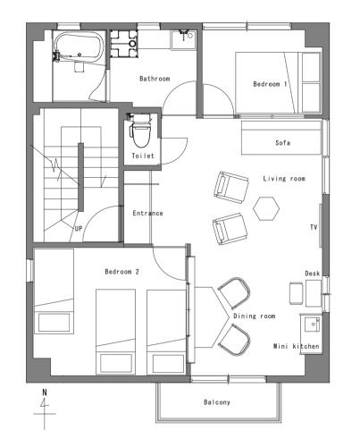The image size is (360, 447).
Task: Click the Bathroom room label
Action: pyautogui.click(x=155, y=79)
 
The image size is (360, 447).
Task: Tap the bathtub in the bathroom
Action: pyautogui.click(x=79, y=47)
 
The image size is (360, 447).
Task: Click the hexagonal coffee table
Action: pyautogui.click(x=266, y=208)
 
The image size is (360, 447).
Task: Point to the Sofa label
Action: pyautogui.click(x=282, y=143)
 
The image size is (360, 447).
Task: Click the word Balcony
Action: pyautogui.click(x=217, y=402)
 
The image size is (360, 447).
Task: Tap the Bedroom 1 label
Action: pyautogui.click(x=270, y=84)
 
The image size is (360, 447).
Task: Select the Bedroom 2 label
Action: pyautogui.click(x=121, y=272)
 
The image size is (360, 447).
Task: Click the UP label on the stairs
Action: pyautogui.click(x=79, y=229)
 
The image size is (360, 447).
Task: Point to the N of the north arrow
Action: pyautogui.click(x=45, y=392)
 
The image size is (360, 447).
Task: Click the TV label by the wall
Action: pyautogui.click(x=314, y=227)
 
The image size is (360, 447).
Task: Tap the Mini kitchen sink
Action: pyautogui.click(x=312, y=324)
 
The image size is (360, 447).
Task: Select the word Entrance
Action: pyautogui.click(x=147, y=214)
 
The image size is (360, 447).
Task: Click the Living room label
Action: pyautogui.click(x=284, y=179)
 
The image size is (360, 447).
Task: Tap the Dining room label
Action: pyautogui.click(x=254, y=316)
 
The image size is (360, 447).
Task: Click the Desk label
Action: pyautogui.click(x=313, y=274)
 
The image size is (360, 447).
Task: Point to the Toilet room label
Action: pyautogui.click(x=143, y=156)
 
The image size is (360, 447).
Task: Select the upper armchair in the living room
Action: pyautogui.click(x=231, y=187)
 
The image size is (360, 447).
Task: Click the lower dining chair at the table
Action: pyautogui.click(x=234, y=340)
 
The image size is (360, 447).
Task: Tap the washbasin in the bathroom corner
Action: pyautogui.click(x=183, y=39)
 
